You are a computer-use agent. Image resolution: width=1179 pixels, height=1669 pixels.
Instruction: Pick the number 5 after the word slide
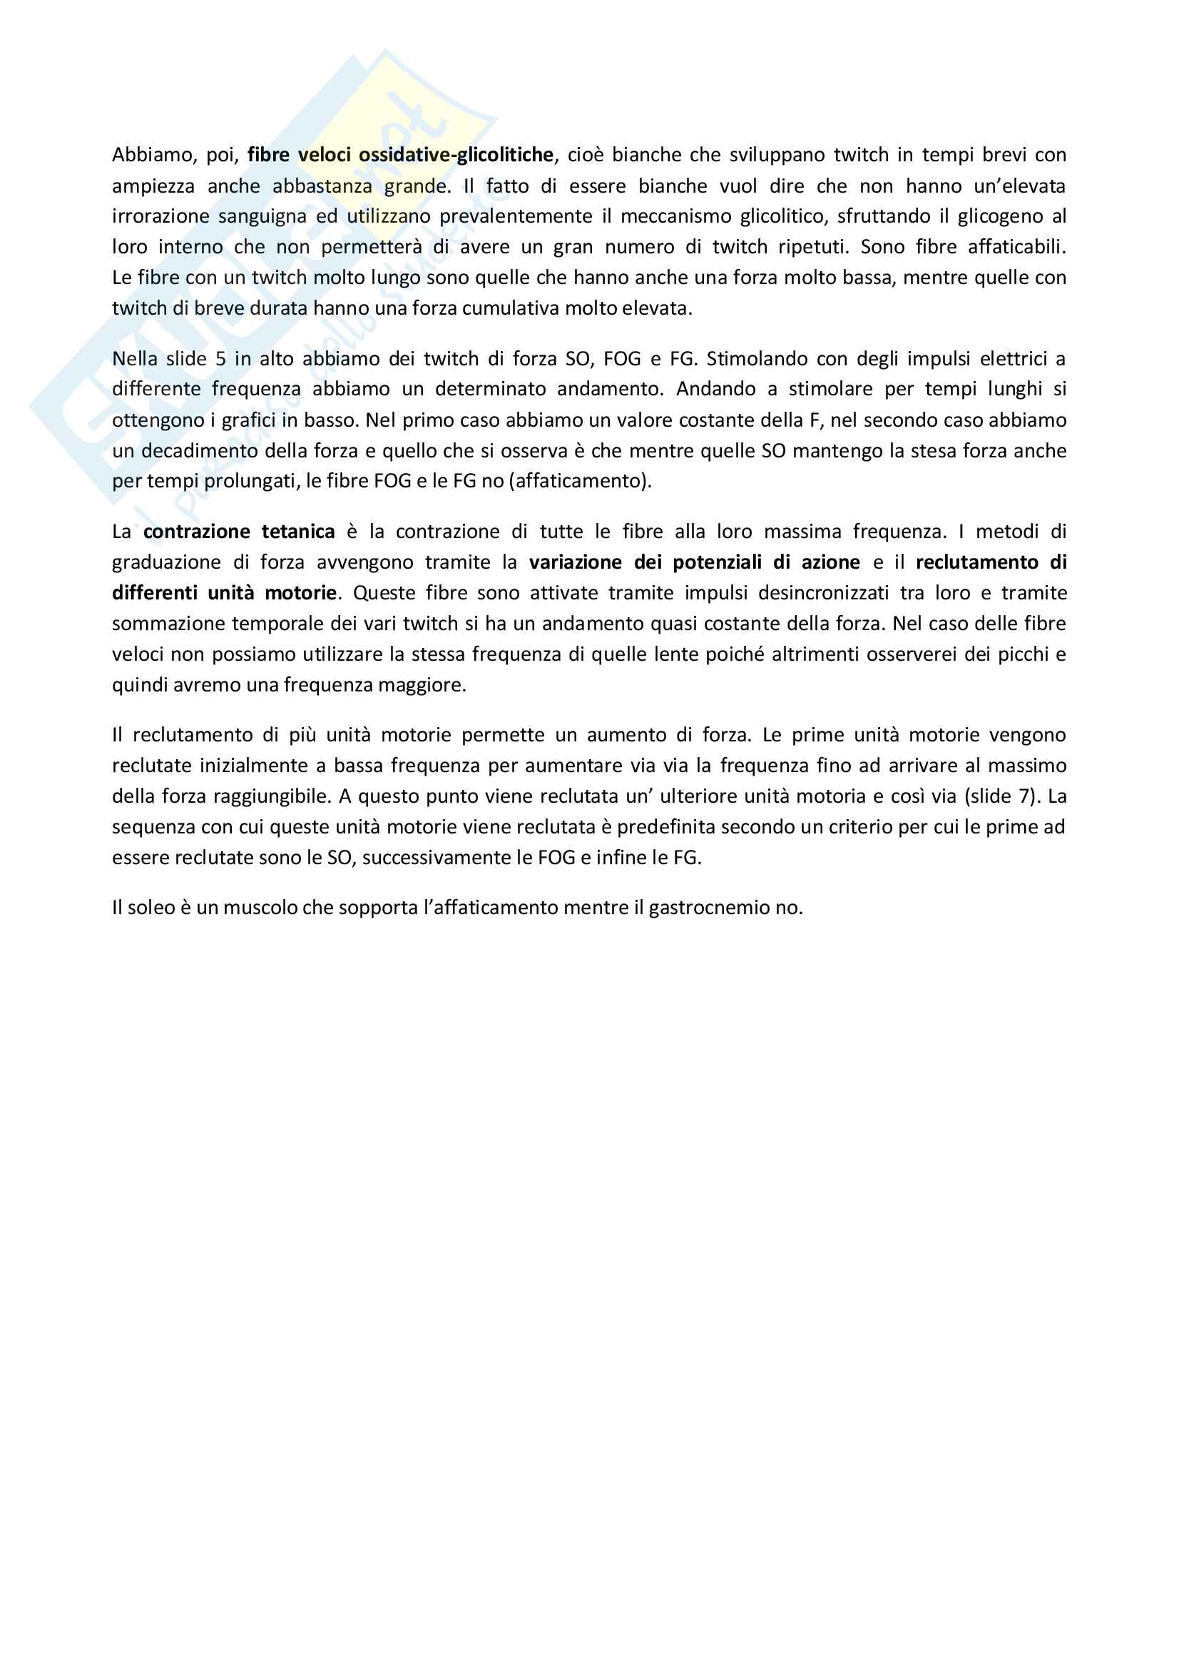221,359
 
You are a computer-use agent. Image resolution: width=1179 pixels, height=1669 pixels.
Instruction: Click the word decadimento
198,451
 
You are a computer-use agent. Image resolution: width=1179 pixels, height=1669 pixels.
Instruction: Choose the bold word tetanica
298,532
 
